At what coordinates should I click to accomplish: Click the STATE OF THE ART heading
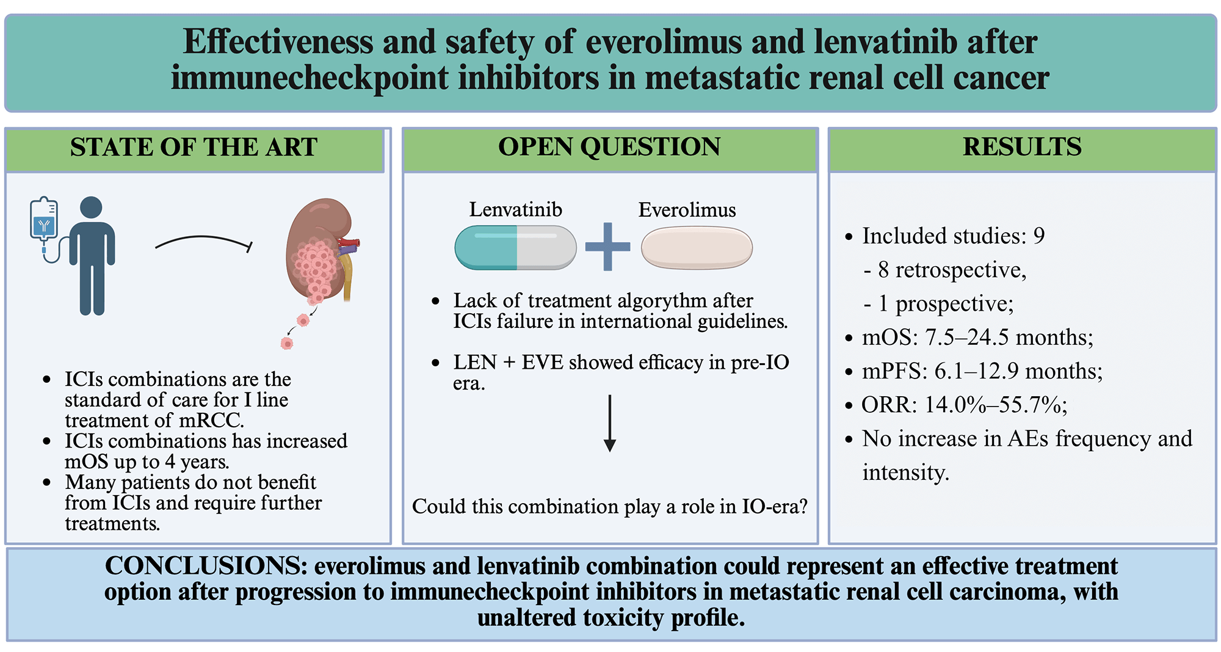(194, 147)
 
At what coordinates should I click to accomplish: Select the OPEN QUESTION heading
(609, 147)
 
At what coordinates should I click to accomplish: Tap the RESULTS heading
(1022, 147)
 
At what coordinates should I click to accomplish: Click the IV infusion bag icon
(44, 220)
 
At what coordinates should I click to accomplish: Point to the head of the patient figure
(91, 207)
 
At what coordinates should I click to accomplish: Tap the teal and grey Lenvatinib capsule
(515, 247)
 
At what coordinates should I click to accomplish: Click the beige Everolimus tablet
(697, 247)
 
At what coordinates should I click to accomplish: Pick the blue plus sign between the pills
(607, 247)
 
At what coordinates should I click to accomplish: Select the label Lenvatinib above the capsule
(515, 209)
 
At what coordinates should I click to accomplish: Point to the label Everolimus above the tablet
(687, 210)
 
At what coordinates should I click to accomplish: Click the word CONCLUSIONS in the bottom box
(206, 566)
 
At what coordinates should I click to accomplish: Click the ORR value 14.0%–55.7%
(995, 404)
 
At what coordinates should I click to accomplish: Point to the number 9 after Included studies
(1038, 236)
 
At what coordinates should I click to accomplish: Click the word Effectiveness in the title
(278, 42)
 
